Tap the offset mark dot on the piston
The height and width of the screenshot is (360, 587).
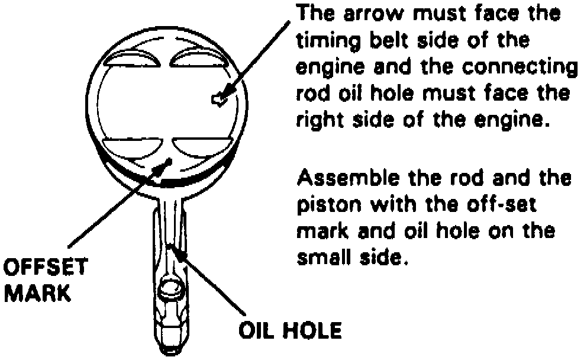coord(170,160)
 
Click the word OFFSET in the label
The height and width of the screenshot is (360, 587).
coord(45,268)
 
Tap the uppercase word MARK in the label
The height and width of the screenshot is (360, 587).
coord(37,292)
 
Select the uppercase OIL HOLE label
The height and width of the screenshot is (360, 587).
coord(289,330)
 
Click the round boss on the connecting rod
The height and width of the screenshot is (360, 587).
coord(172,290)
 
